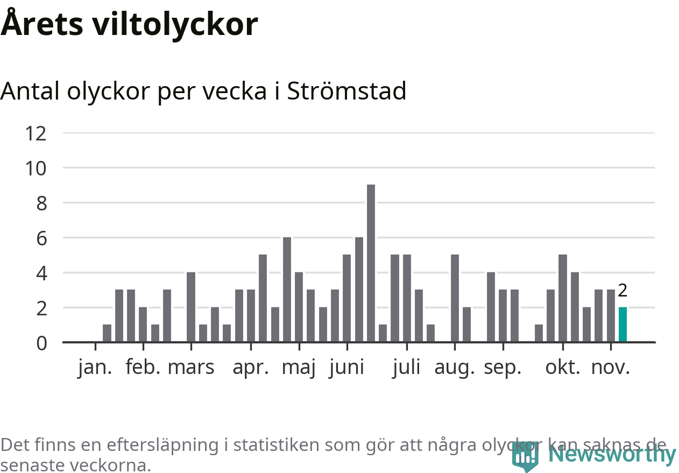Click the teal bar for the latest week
pos(623,324)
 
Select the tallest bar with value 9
pos(371,263)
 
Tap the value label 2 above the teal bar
pos(623,291)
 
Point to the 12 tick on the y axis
pos(36,133)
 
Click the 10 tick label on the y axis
pos(36,168)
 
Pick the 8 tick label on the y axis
pos(41,203)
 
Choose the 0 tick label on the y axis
pos(41,343)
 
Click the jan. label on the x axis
pos(95,368)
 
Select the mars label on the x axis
pos(191,368)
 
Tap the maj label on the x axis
pos(299,369)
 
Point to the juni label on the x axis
pos(346,369)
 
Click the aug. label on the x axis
pos(455,369)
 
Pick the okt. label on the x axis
pos(563,368)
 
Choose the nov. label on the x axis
pos(610,368)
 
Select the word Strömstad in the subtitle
pos(346,91)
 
